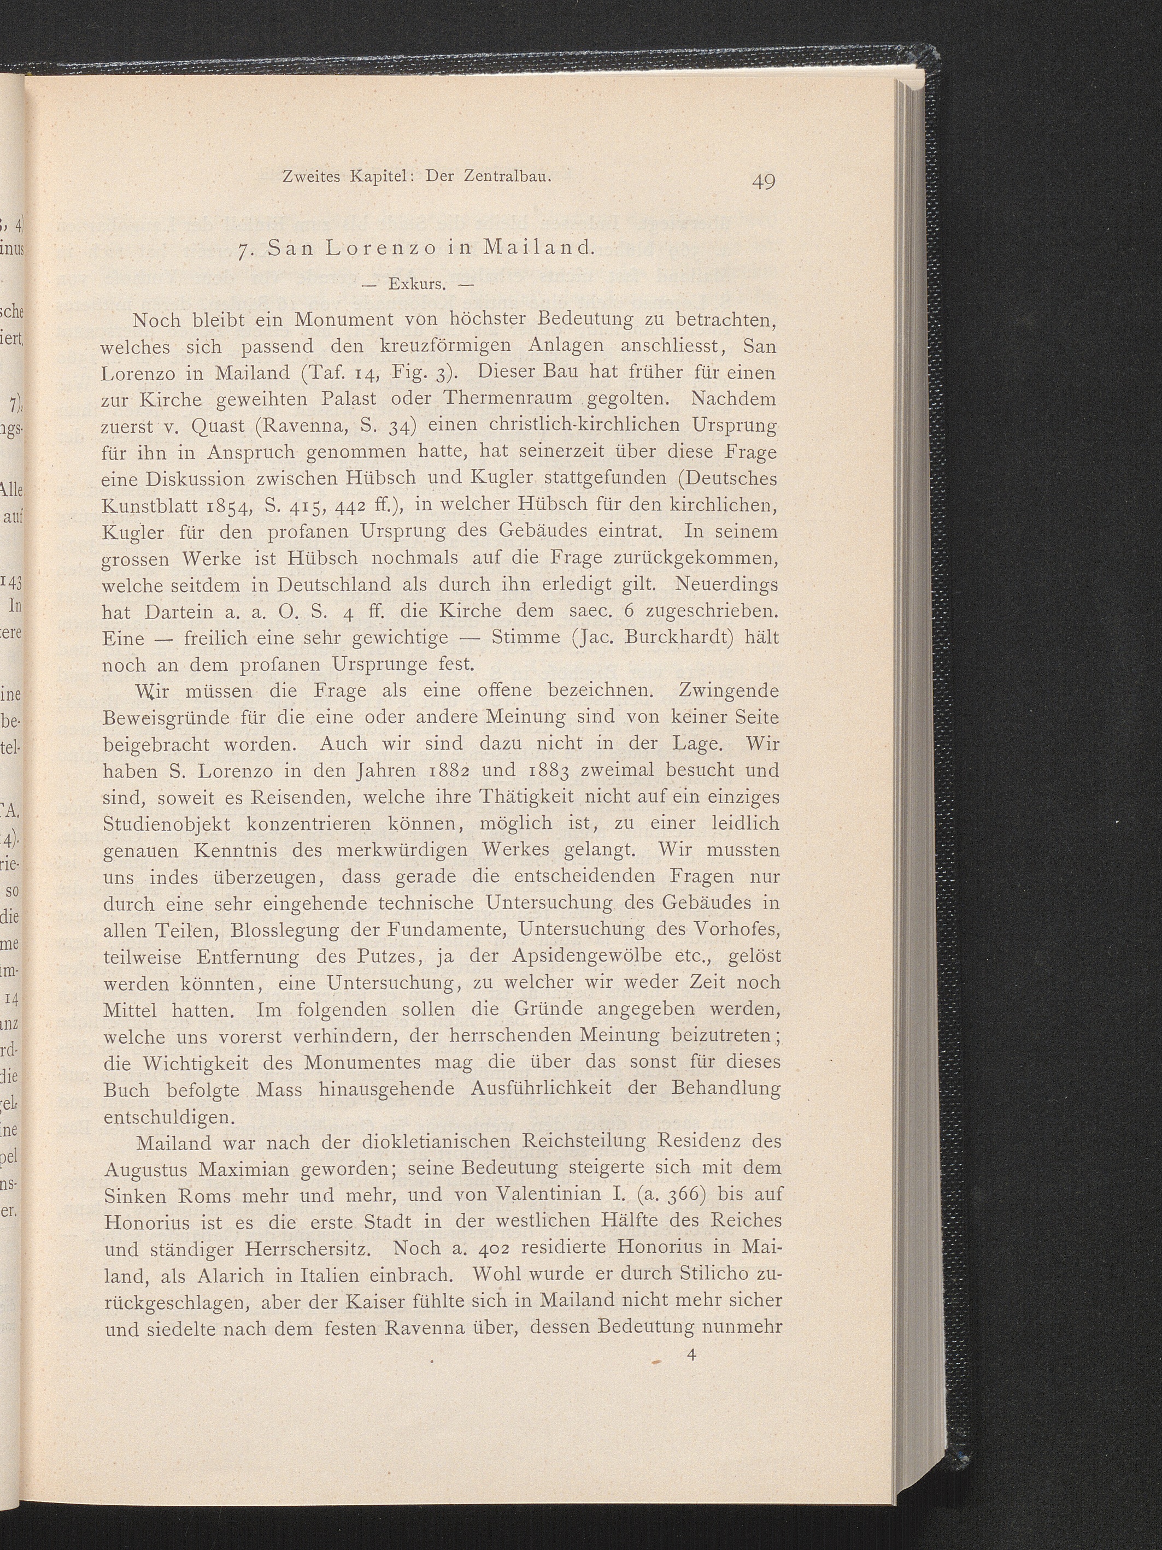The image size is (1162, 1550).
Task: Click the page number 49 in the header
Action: [762, 182]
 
